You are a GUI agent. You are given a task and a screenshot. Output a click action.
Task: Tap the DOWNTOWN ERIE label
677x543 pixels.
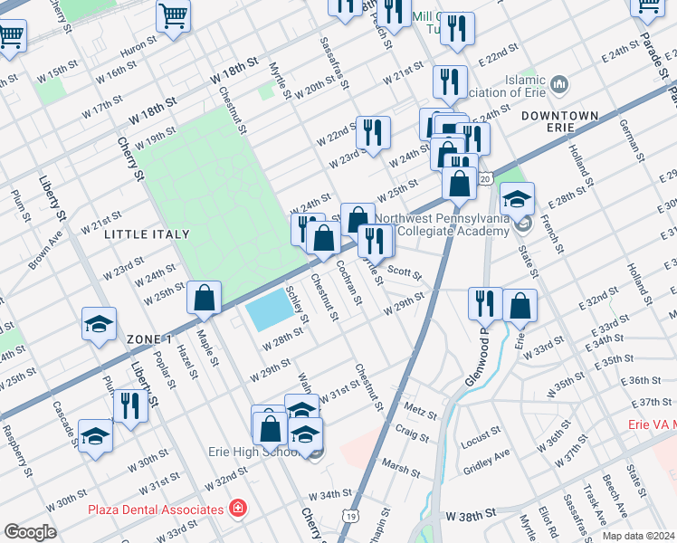(560, 122)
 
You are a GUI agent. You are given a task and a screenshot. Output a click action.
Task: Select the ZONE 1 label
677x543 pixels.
(149, 338)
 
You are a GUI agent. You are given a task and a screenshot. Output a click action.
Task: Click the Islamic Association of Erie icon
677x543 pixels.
(559, 86)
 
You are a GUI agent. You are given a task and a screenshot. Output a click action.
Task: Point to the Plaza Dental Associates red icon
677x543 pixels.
(237, 509)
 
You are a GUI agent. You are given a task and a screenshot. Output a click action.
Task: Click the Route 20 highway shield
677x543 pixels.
(486, 180)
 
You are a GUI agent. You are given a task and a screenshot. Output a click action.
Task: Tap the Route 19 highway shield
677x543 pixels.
(348, 515)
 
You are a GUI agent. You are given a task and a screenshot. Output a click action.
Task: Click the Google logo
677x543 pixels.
(30, 532)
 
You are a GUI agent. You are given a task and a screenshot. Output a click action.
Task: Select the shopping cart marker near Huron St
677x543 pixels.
(172, 15)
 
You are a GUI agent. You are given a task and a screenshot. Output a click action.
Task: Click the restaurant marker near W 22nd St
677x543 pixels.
(372, 132)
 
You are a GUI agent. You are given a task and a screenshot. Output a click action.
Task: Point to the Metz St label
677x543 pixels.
(421, 414)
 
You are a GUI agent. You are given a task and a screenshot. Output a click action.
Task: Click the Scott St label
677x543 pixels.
(399, 270)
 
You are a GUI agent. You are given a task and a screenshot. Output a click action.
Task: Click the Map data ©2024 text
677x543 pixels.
(639, 536)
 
